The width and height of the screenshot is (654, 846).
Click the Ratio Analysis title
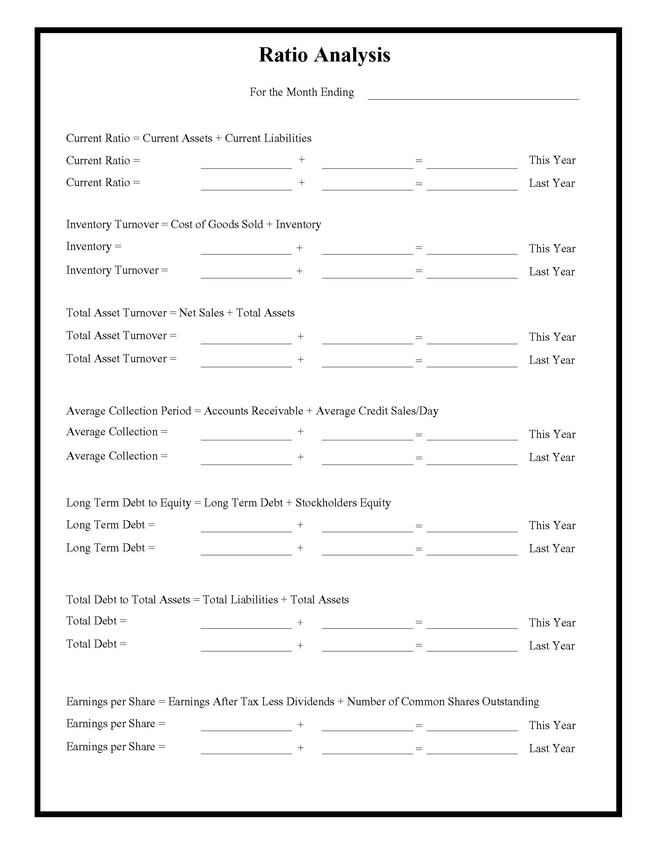tap(324, 55)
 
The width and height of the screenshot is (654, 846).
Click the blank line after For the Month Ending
tap(473, 95)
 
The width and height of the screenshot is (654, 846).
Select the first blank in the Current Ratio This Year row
tap(246, 164)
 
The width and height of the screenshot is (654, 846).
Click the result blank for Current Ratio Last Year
tap(472, 186)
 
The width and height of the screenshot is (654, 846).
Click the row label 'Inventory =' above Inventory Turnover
tap(94, 246)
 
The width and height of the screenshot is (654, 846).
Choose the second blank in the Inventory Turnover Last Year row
tap(367, 274)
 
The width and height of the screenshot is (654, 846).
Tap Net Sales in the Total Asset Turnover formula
tap(201, 313)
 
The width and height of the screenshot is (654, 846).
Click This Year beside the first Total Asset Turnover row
tap(552, 337)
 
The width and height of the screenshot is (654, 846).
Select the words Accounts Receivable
tap(254, 411)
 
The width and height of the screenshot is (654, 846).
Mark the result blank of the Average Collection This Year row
tap(472, 436)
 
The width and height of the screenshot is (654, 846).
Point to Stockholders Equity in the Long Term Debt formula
tap(343, 503)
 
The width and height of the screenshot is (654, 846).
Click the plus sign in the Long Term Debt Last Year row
tap(300, 548)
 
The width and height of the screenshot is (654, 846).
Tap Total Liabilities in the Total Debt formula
tap(240, 600)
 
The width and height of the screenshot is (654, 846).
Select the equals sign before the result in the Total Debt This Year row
tap(419, 623)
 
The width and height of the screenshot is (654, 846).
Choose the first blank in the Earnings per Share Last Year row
tap(246, 749)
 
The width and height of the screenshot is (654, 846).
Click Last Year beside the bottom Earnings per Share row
tap(552, 749)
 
